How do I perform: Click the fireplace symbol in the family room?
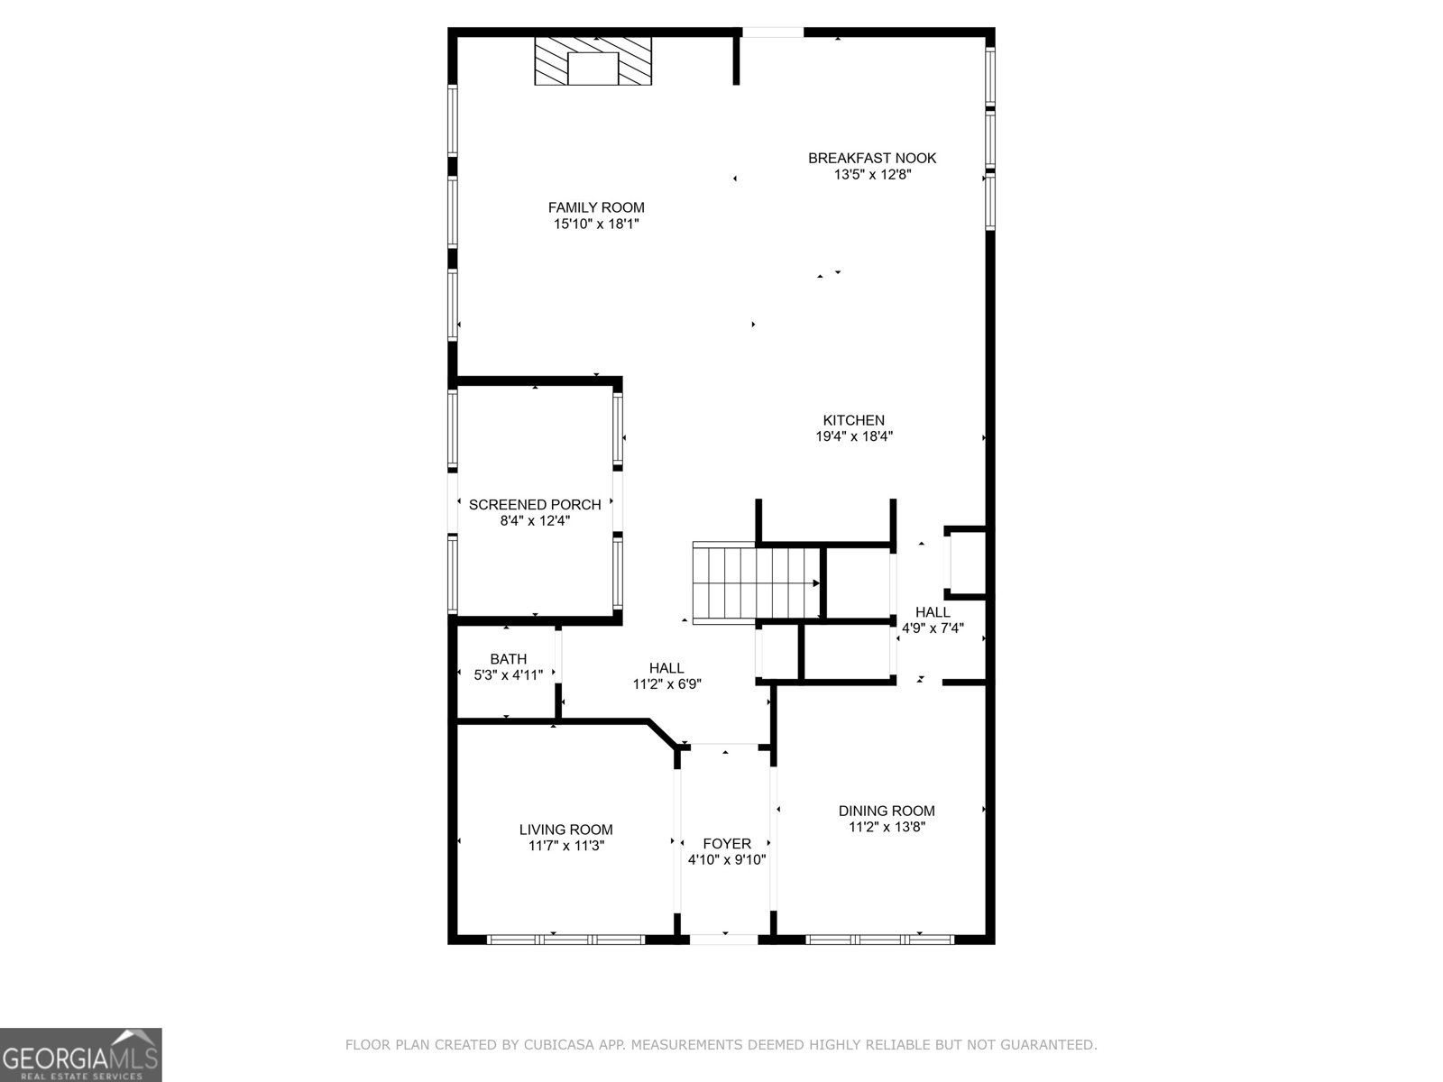click(x=593, y=61)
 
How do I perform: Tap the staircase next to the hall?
click(x=755, y=582)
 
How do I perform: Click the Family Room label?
click(x=596, y=207)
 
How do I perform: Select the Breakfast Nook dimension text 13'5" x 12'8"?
click(x=872, y=175)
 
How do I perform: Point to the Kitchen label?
click(x=853, y=420)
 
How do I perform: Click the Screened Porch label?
click(x=535, y=505)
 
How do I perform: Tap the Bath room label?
click(x=508, y=659)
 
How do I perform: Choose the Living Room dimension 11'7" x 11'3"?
click(x=565, y=846)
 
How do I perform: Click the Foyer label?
click(x=727, y=844)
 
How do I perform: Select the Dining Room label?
click(x=887, y=811)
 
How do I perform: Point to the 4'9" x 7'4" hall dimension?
click(x=933, y=628)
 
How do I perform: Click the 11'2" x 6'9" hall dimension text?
click(x=666, y=683)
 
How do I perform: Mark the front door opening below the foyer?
click(x=724, y=939)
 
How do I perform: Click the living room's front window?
click(x=566, y=939)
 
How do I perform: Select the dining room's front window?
click(x=879, y=939)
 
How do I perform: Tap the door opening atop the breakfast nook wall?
click(x=773, y=32)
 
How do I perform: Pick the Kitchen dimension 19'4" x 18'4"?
click(x=853, y=436)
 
